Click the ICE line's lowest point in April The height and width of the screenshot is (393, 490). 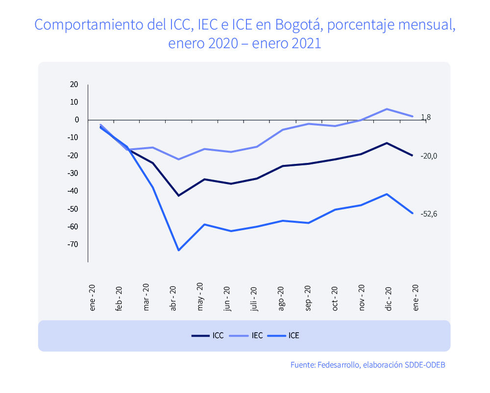point(178,250)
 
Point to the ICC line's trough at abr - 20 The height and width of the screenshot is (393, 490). point(178,195)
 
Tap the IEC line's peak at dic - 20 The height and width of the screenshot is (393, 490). point(387,109)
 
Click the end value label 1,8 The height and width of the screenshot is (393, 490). point(426,117)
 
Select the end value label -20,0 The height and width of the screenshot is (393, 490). point(428,156)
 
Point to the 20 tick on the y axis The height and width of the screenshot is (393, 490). point(74,84)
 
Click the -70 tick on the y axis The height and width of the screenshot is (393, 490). point(73,244)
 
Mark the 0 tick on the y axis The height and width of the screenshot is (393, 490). point(76,120)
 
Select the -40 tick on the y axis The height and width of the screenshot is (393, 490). point(73,191)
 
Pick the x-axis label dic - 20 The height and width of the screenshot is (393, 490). point(389,297)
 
